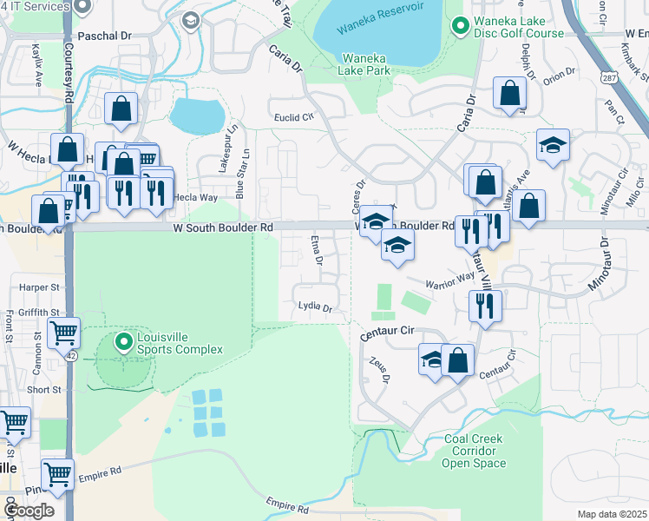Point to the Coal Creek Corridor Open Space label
[x=474, y=451]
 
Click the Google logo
[x=29, y=510]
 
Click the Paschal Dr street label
[x=104, y=36]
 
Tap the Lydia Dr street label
[x=315, y=307]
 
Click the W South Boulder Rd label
[x=223, y=227]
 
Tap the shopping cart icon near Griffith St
[x=63, y=333]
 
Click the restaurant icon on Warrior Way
[x=484, y=305]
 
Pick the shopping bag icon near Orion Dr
[x=509, y=93]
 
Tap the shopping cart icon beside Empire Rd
[x=56, y=474]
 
